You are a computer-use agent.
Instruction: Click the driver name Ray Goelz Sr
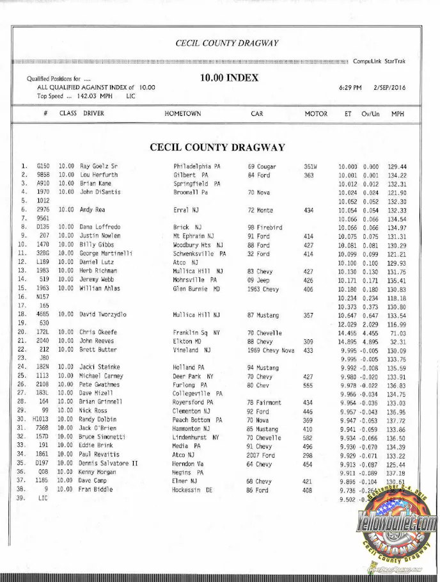coord(98,166)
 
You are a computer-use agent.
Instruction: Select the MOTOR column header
coord(316,114)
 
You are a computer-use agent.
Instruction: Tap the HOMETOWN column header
coord(183,114)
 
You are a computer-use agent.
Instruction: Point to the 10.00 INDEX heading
coord(229,78)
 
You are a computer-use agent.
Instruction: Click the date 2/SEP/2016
coord(394,88)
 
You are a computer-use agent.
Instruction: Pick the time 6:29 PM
coord(350,88)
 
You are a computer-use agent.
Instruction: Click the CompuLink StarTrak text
coord(383,61)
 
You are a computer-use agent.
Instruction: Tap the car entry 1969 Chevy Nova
coord(272,350)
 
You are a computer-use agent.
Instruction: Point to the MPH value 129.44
coord(397,166)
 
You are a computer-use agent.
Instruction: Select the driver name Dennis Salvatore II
coord(108,464)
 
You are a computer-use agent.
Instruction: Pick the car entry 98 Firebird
coord(265,227)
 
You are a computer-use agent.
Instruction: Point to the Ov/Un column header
coord(371,114)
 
